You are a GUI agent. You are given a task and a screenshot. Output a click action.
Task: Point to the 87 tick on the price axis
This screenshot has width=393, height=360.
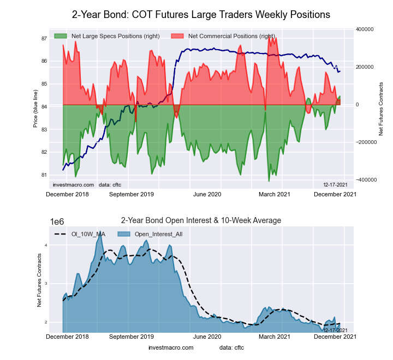(x=43, y=39)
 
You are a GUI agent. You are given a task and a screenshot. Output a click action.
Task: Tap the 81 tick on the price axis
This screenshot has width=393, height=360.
(x=43, y=175)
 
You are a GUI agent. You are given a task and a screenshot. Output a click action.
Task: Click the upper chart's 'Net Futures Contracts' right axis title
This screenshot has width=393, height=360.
(x=381, y=109)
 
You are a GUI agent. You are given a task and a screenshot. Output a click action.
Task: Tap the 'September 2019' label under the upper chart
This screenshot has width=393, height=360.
(x=132, y=194)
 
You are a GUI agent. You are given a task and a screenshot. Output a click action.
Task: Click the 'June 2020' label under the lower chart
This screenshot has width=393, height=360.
(x=207, y=337)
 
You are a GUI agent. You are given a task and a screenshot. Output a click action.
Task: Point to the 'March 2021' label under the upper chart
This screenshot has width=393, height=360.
(x=273, y=194)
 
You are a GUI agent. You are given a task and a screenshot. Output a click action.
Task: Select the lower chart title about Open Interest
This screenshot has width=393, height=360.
(x=201, y=220)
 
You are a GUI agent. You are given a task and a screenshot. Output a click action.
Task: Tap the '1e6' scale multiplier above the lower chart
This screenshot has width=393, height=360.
(x=58, y=221)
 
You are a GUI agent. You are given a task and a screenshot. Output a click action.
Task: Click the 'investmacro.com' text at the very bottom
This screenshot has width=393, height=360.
(x=171, y=347)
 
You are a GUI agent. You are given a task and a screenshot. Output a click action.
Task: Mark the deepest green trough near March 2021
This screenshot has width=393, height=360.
(x=269, y=181)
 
